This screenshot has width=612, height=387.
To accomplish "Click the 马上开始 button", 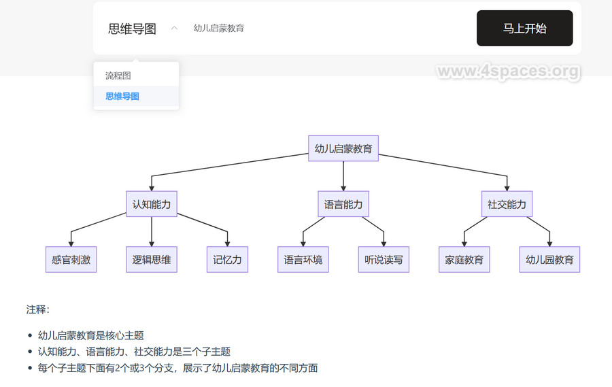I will (x=524, y=29).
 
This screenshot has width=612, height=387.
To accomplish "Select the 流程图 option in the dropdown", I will (x=118, y=75).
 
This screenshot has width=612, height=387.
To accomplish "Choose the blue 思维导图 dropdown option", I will (x=122, y=97).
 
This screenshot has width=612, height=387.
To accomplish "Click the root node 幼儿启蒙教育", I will (x=343, y=149).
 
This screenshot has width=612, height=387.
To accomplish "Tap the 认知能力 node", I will (x=152, y=204).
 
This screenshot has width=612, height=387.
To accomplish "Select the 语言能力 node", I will (x=343, y=204).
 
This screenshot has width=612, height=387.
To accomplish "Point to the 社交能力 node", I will (x=507, y=204).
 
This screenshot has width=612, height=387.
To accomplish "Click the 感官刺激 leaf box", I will (x=71, y=259).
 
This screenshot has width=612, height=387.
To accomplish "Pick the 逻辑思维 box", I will (x=152, y=259).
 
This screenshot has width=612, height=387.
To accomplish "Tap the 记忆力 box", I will (x=227, y=259).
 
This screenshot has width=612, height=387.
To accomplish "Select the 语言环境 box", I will (x=303, y=259).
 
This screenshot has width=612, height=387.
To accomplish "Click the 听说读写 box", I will (x=384, y=259).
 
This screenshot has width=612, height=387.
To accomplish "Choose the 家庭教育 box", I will (x=464, y=259).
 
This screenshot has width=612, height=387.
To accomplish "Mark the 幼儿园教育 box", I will (x=549, y=259).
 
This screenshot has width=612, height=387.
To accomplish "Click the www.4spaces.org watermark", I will (x=508, y=71).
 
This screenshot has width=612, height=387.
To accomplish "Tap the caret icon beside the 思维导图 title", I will (x=174, y=29).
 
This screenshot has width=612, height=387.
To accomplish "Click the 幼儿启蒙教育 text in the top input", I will (x=218, y=29).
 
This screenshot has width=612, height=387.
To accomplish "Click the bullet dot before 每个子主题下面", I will (x=30, y=369).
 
